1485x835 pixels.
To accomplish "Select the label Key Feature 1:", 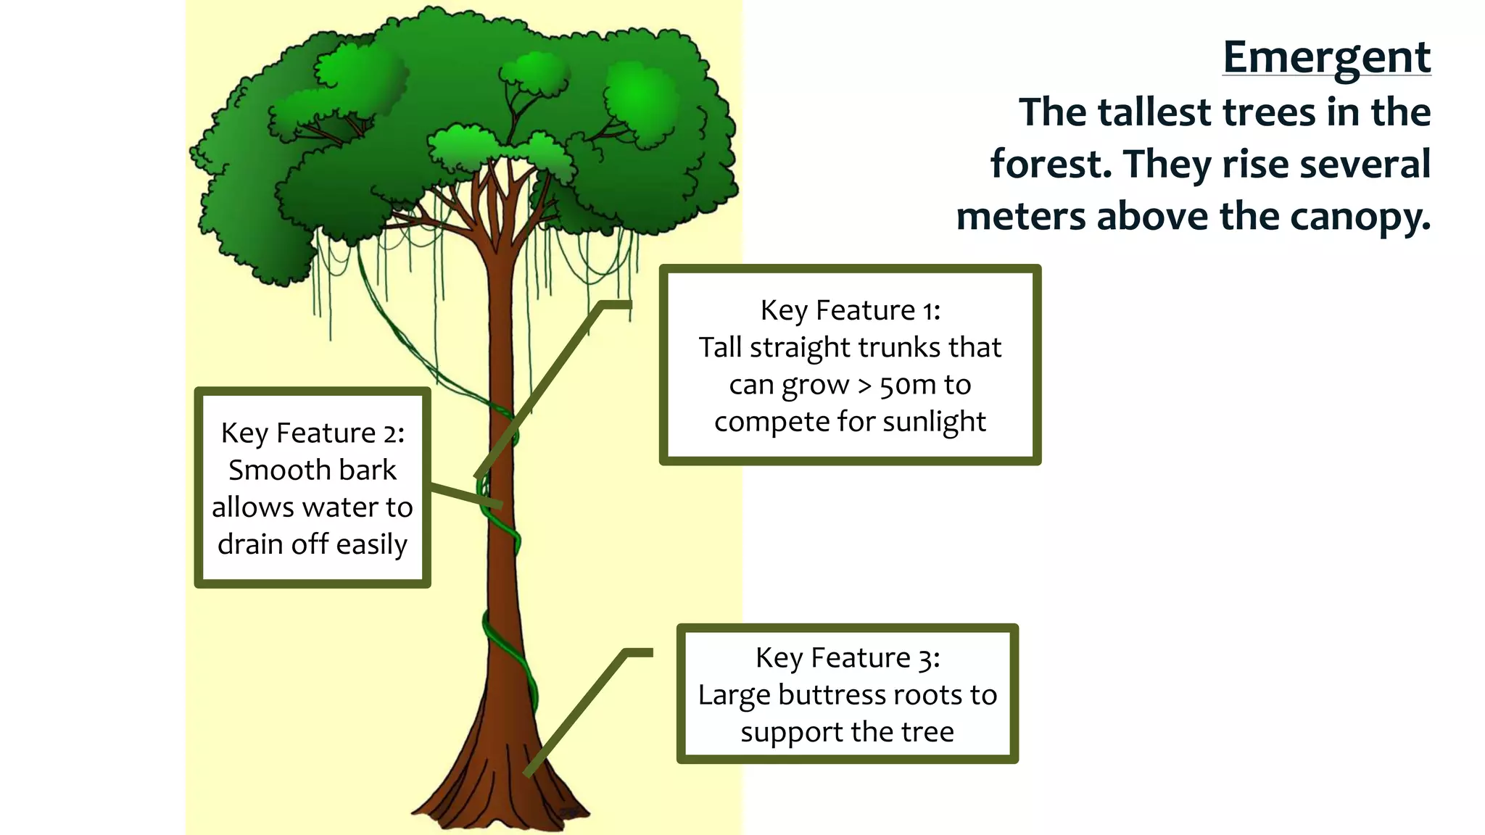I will (850, 310).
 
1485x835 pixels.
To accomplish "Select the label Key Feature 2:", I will (313, 433).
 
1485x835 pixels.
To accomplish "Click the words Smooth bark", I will (313, 470).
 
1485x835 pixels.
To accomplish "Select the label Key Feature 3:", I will (847, 657).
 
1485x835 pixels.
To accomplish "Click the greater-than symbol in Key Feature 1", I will (864, 385).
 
